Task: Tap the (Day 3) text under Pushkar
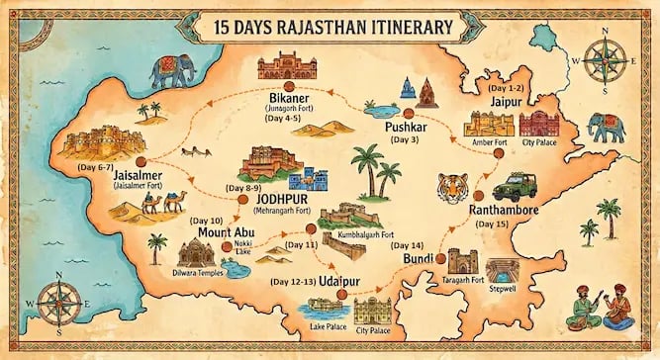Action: click(x=406, y=140)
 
